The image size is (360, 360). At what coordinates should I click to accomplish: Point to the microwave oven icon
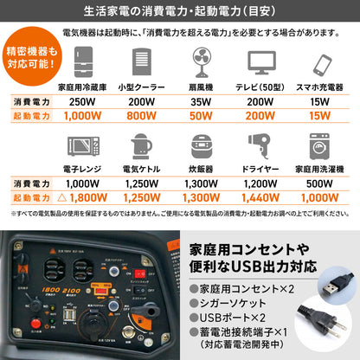82,144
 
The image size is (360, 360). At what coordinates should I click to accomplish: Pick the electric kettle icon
142,143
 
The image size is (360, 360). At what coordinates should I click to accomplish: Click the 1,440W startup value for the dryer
261,196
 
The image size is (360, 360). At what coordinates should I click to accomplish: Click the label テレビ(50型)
261,87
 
